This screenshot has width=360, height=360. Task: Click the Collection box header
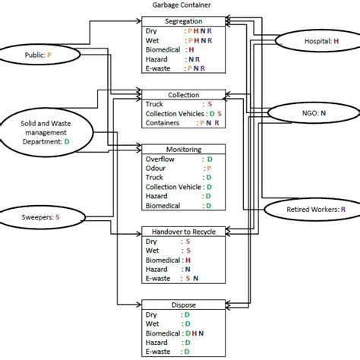point(183,95)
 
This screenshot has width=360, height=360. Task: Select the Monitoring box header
point(183,150)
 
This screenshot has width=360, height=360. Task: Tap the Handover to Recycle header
point(183,231)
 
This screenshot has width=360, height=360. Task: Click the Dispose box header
point(183,305)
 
